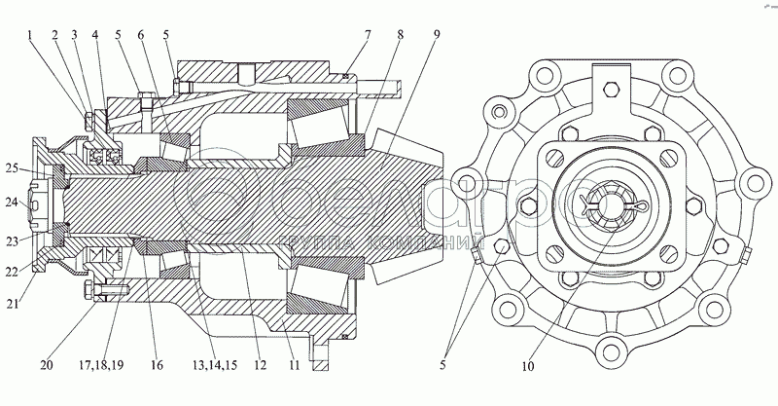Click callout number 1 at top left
(x=30, y=35)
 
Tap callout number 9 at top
(x=436, y=35)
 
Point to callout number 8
(x=400, y=35)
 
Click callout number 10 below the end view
(x=528, y=366)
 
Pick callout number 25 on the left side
(x=13, y=168)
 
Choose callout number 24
(x=13, y=203)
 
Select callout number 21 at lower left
(x=13, y=302)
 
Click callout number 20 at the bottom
(x=47, y=365)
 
